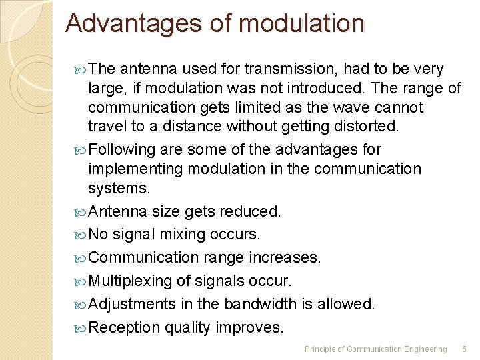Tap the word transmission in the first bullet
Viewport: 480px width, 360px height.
click(284, 69)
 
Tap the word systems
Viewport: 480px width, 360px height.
click(119, 189)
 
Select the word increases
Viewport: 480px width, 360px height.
click(287, 258)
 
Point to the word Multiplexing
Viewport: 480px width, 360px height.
click(132, 281)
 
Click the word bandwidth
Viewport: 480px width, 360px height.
click(261, 305)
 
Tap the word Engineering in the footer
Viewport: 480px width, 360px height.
click(425, 349)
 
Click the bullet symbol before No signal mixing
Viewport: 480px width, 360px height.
click(81, 235)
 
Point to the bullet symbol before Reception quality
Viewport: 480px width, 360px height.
click(81, 328)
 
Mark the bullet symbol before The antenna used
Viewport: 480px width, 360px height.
click(81, 69)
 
